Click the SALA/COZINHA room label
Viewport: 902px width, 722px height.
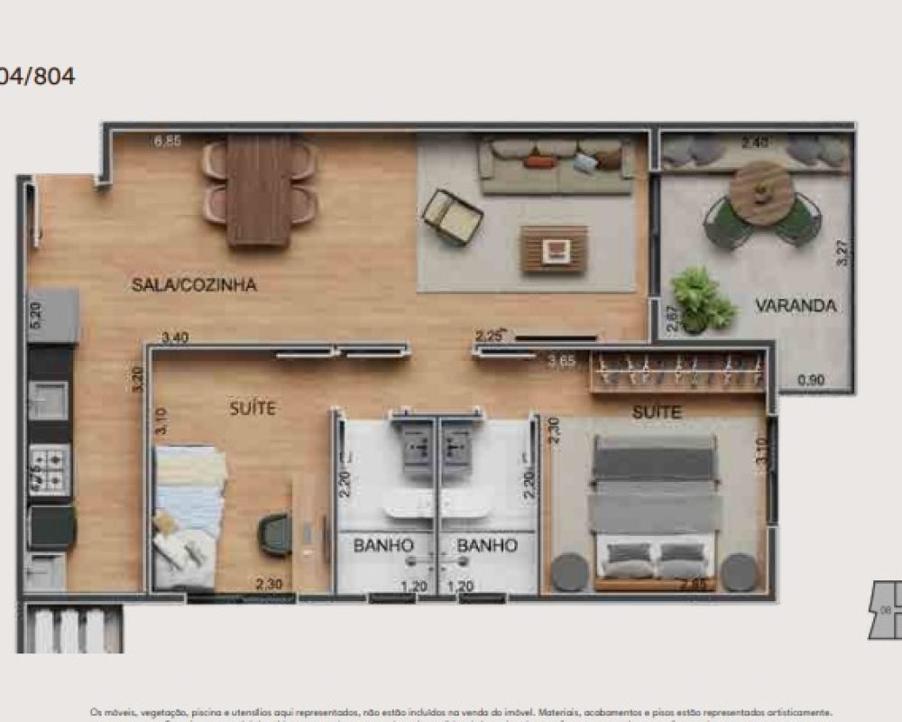point(194,285)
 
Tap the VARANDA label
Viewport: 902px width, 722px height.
point(796,305)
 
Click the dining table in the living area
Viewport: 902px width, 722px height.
point(259,190)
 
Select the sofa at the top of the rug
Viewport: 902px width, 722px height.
point(556,165)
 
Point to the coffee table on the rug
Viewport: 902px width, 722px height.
point(554,249)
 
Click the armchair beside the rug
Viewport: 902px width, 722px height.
point(452,217)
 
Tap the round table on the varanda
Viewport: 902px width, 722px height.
point(761,192)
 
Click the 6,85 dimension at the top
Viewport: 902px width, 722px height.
point(168,141)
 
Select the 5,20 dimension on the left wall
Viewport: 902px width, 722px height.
point(36,312)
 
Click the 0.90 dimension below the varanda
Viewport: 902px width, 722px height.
point(811,380)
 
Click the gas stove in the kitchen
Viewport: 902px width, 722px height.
point(50,469)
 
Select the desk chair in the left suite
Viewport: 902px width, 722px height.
point(276,533)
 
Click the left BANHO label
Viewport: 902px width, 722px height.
point(383,545)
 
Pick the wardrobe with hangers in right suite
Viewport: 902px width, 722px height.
point(678,372)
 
